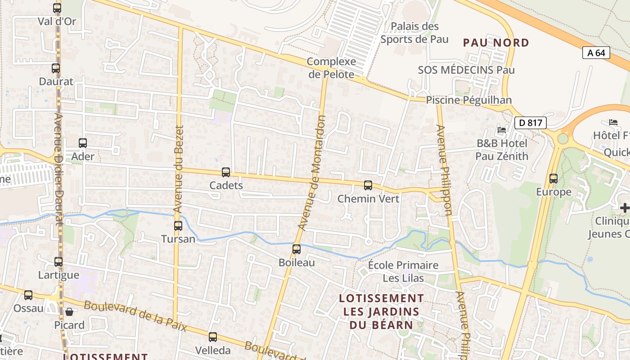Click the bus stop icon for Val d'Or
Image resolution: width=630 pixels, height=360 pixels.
pos(57,8)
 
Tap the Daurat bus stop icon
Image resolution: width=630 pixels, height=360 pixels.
pos(56,68)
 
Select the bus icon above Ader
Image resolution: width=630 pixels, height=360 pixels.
pos(83,143)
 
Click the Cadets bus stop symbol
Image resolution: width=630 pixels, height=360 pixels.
pos(226,172)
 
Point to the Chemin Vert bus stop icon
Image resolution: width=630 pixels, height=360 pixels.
pos(368,185)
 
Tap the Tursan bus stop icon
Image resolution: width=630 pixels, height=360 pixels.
pos(178,225)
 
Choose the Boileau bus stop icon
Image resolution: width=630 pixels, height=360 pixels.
pos(297,249)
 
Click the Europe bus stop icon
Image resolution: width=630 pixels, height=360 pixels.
pos(553,179)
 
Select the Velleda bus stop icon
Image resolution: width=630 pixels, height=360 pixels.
pos(213,337)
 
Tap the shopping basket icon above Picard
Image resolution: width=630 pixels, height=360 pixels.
pos(69,311)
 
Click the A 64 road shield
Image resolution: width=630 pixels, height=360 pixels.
pos(596,53)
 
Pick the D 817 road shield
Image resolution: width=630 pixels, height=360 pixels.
pos(530,122)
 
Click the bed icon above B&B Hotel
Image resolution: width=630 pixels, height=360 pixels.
pos(502,130)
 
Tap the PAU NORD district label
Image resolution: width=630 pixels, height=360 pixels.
pos(496,43)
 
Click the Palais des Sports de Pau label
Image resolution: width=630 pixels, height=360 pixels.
pos(414,32)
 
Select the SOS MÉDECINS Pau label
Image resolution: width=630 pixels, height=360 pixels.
pos(466,70)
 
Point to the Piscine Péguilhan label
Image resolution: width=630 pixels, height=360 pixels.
pos(468,100)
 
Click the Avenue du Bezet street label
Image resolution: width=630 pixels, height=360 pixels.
pos(179,169)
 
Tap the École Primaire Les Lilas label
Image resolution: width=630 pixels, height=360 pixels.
pos(403,271)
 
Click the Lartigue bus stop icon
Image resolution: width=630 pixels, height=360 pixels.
pos(58,261)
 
